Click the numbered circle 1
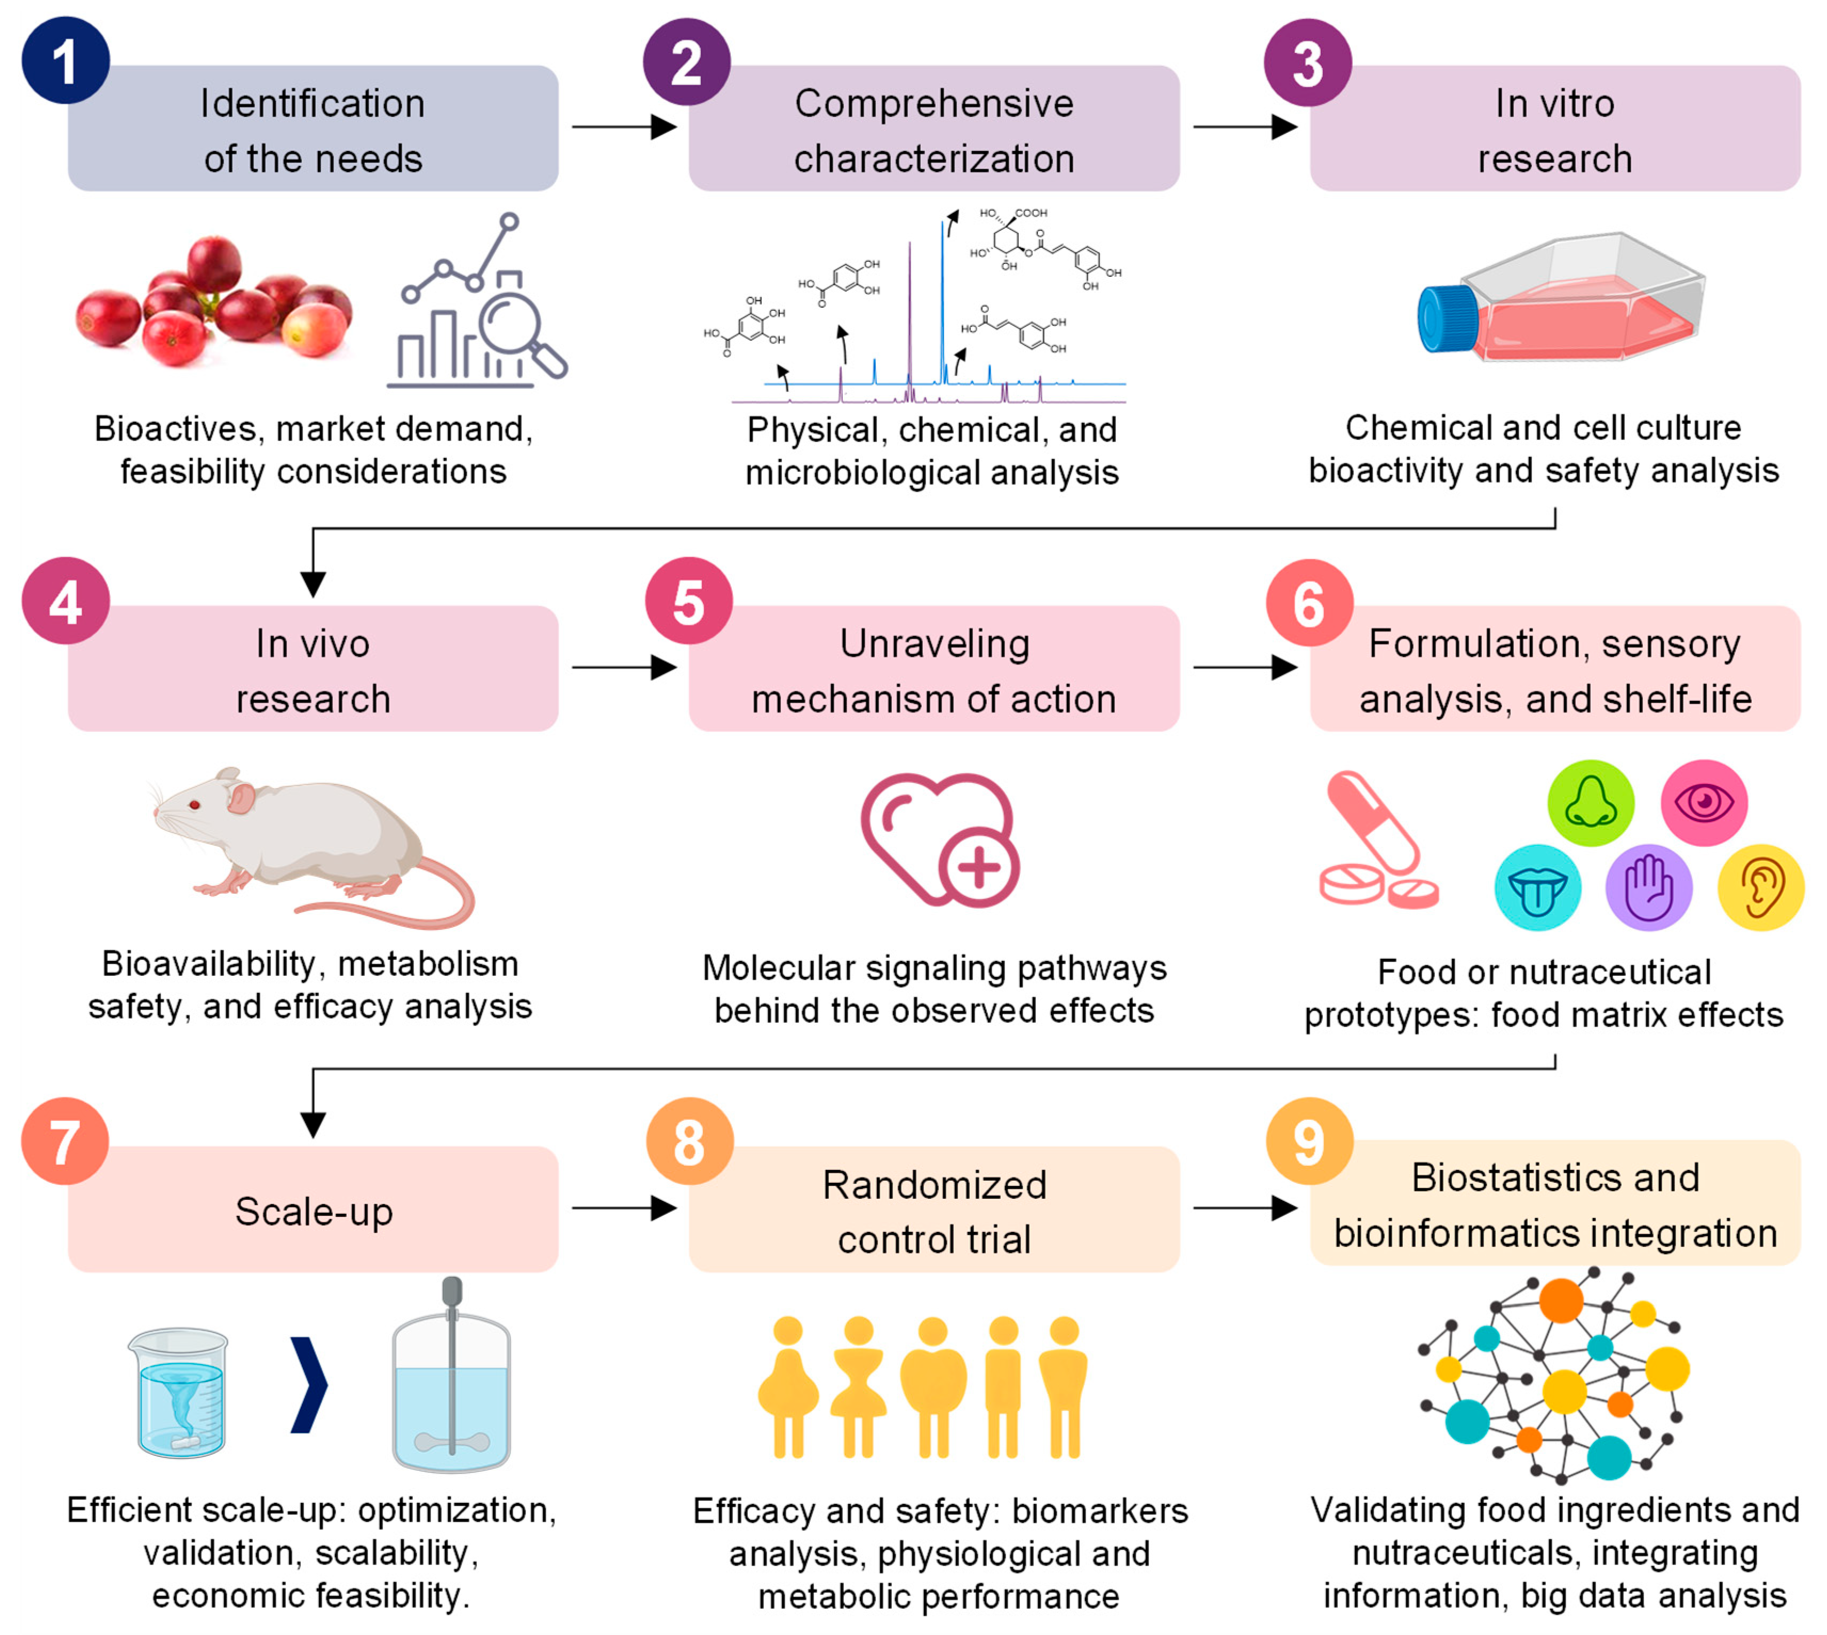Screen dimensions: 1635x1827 click(65, 61)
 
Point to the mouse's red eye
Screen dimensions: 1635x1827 click(194, 805)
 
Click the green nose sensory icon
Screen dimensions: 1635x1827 click(1589, 802)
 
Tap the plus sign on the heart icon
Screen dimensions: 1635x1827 click(978, 867)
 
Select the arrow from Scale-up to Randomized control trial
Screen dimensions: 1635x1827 click(623, 1207)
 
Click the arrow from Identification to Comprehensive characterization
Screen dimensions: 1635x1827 click(623, 127)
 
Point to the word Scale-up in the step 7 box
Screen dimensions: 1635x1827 click(314, 1211)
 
